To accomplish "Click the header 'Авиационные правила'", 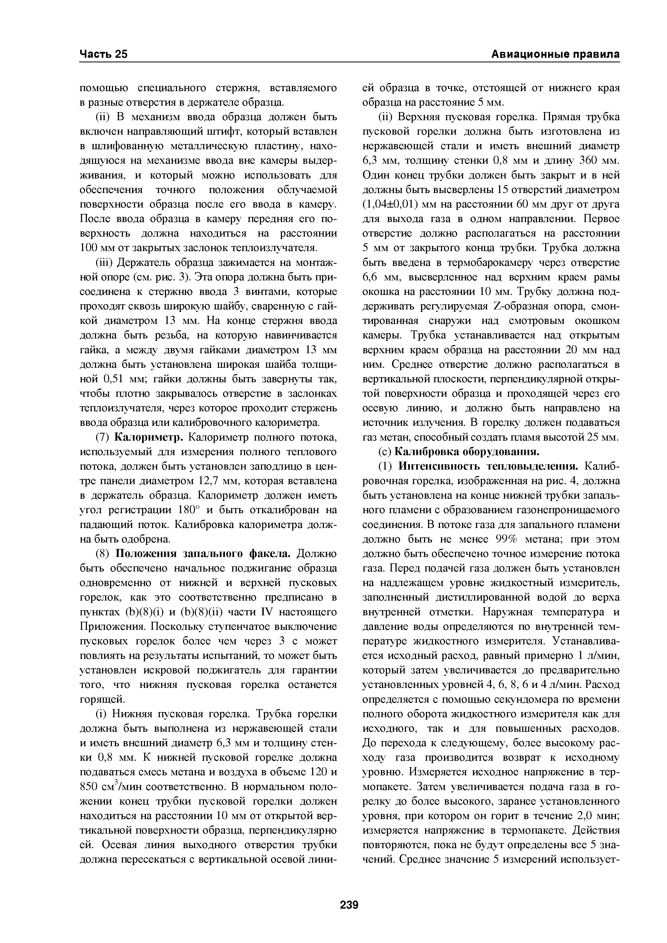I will [556, 54].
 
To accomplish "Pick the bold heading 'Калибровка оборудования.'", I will [467, 452].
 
